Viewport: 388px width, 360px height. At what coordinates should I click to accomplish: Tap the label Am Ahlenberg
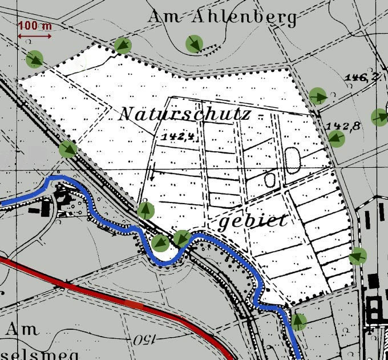pyautogui.click(x=223, y=17)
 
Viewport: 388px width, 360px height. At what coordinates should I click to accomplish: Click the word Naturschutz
pyautogui.click(x=184, y=114)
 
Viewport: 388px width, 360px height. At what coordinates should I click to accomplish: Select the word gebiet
pyautogui.click(x=252, y=221)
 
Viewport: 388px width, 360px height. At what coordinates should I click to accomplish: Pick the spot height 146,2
pyautogui.click(x=366, y=77)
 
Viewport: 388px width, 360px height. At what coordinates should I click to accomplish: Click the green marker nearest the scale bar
pyautogui.click(x=35, y=58)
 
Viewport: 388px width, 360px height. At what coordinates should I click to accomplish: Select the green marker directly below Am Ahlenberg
pyautogui.click(x=195, y=43)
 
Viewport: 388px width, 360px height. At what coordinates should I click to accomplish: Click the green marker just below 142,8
pyautogui.click(x=336, y=138)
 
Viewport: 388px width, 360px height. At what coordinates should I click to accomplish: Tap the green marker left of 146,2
pyautogui.click(x=318, y=96)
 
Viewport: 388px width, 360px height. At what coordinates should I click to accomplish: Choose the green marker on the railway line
pyautogui.click(x=68, y=149)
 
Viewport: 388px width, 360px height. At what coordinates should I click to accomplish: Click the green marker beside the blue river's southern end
pyautogui.click(x=298, y=322)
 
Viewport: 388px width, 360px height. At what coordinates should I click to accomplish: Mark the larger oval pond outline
pyautogui.click(x=293, y=160)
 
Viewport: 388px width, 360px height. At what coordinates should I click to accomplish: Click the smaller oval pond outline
pyautogui.click(x=270, y=180)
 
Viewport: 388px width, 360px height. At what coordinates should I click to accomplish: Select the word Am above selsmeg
pyautogui.click(x=23, y=329)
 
